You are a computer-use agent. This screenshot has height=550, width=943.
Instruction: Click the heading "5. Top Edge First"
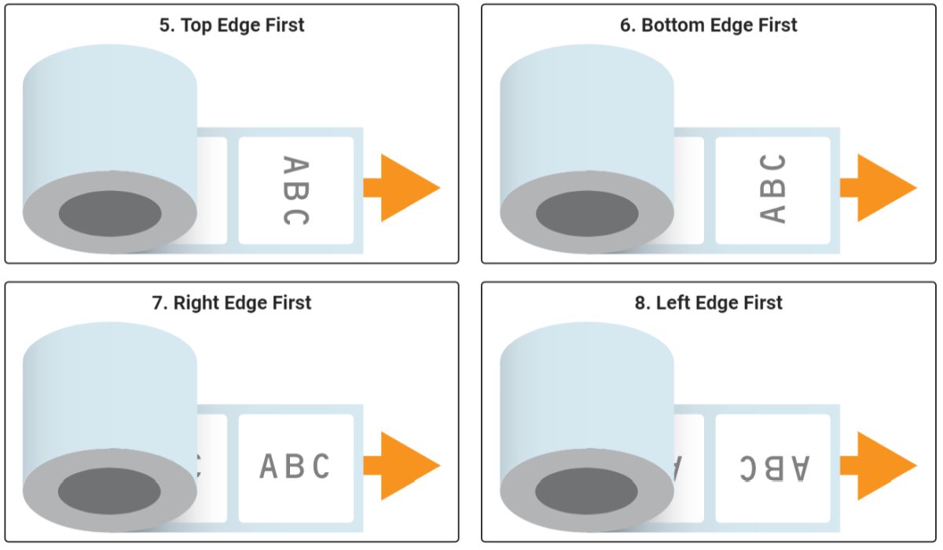232,25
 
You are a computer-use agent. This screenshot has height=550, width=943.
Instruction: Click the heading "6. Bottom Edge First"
708,25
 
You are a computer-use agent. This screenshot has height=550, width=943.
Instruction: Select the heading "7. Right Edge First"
232,302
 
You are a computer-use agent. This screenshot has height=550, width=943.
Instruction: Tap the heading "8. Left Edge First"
709,302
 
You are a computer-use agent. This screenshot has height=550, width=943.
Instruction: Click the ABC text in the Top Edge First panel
295,191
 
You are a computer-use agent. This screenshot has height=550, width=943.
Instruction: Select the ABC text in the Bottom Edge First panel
773,189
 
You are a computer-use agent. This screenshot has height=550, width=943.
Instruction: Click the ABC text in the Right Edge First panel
295,467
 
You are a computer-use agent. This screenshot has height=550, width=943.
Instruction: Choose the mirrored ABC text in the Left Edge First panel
773,467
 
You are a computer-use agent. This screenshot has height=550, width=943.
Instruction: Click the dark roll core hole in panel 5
110,213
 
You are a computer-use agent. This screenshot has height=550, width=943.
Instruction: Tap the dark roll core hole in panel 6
587,213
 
